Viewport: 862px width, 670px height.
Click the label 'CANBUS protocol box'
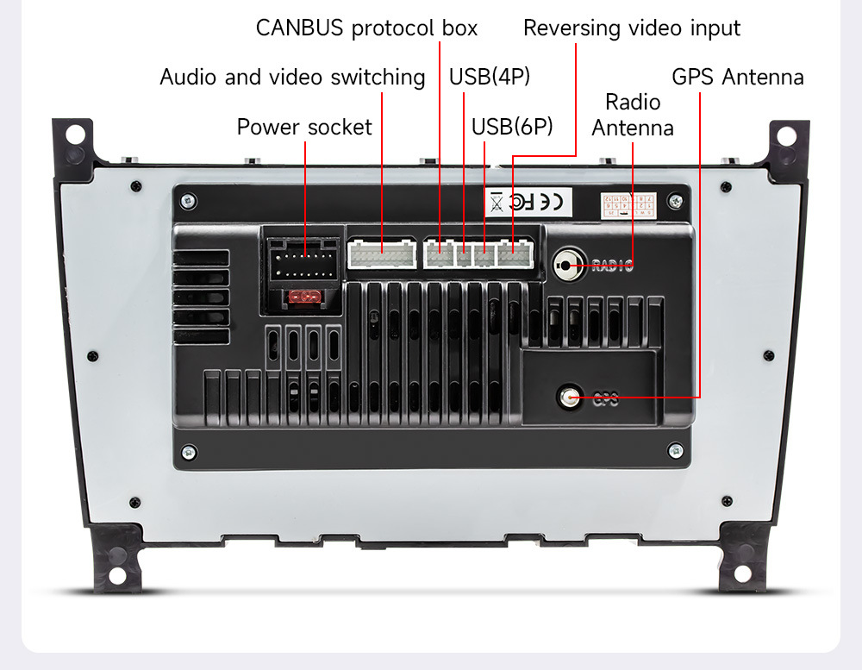point(366,28)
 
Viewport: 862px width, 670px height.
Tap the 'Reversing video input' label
point(631,28)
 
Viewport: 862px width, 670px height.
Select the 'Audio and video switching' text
point(292,78)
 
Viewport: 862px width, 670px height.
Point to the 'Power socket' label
point(304,128)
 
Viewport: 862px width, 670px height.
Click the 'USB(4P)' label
point(489,77)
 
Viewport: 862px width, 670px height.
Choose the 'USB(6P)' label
point(511,127)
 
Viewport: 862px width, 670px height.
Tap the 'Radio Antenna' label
point(633,115)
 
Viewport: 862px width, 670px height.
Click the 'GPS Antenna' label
point(737,77)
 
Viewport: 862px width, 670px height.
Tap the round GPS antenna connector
point(569,396)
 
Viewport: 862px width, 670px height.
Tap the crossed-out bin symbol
point(497,203)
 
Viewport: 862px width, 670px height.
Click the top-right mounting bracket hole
point(786,135)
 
